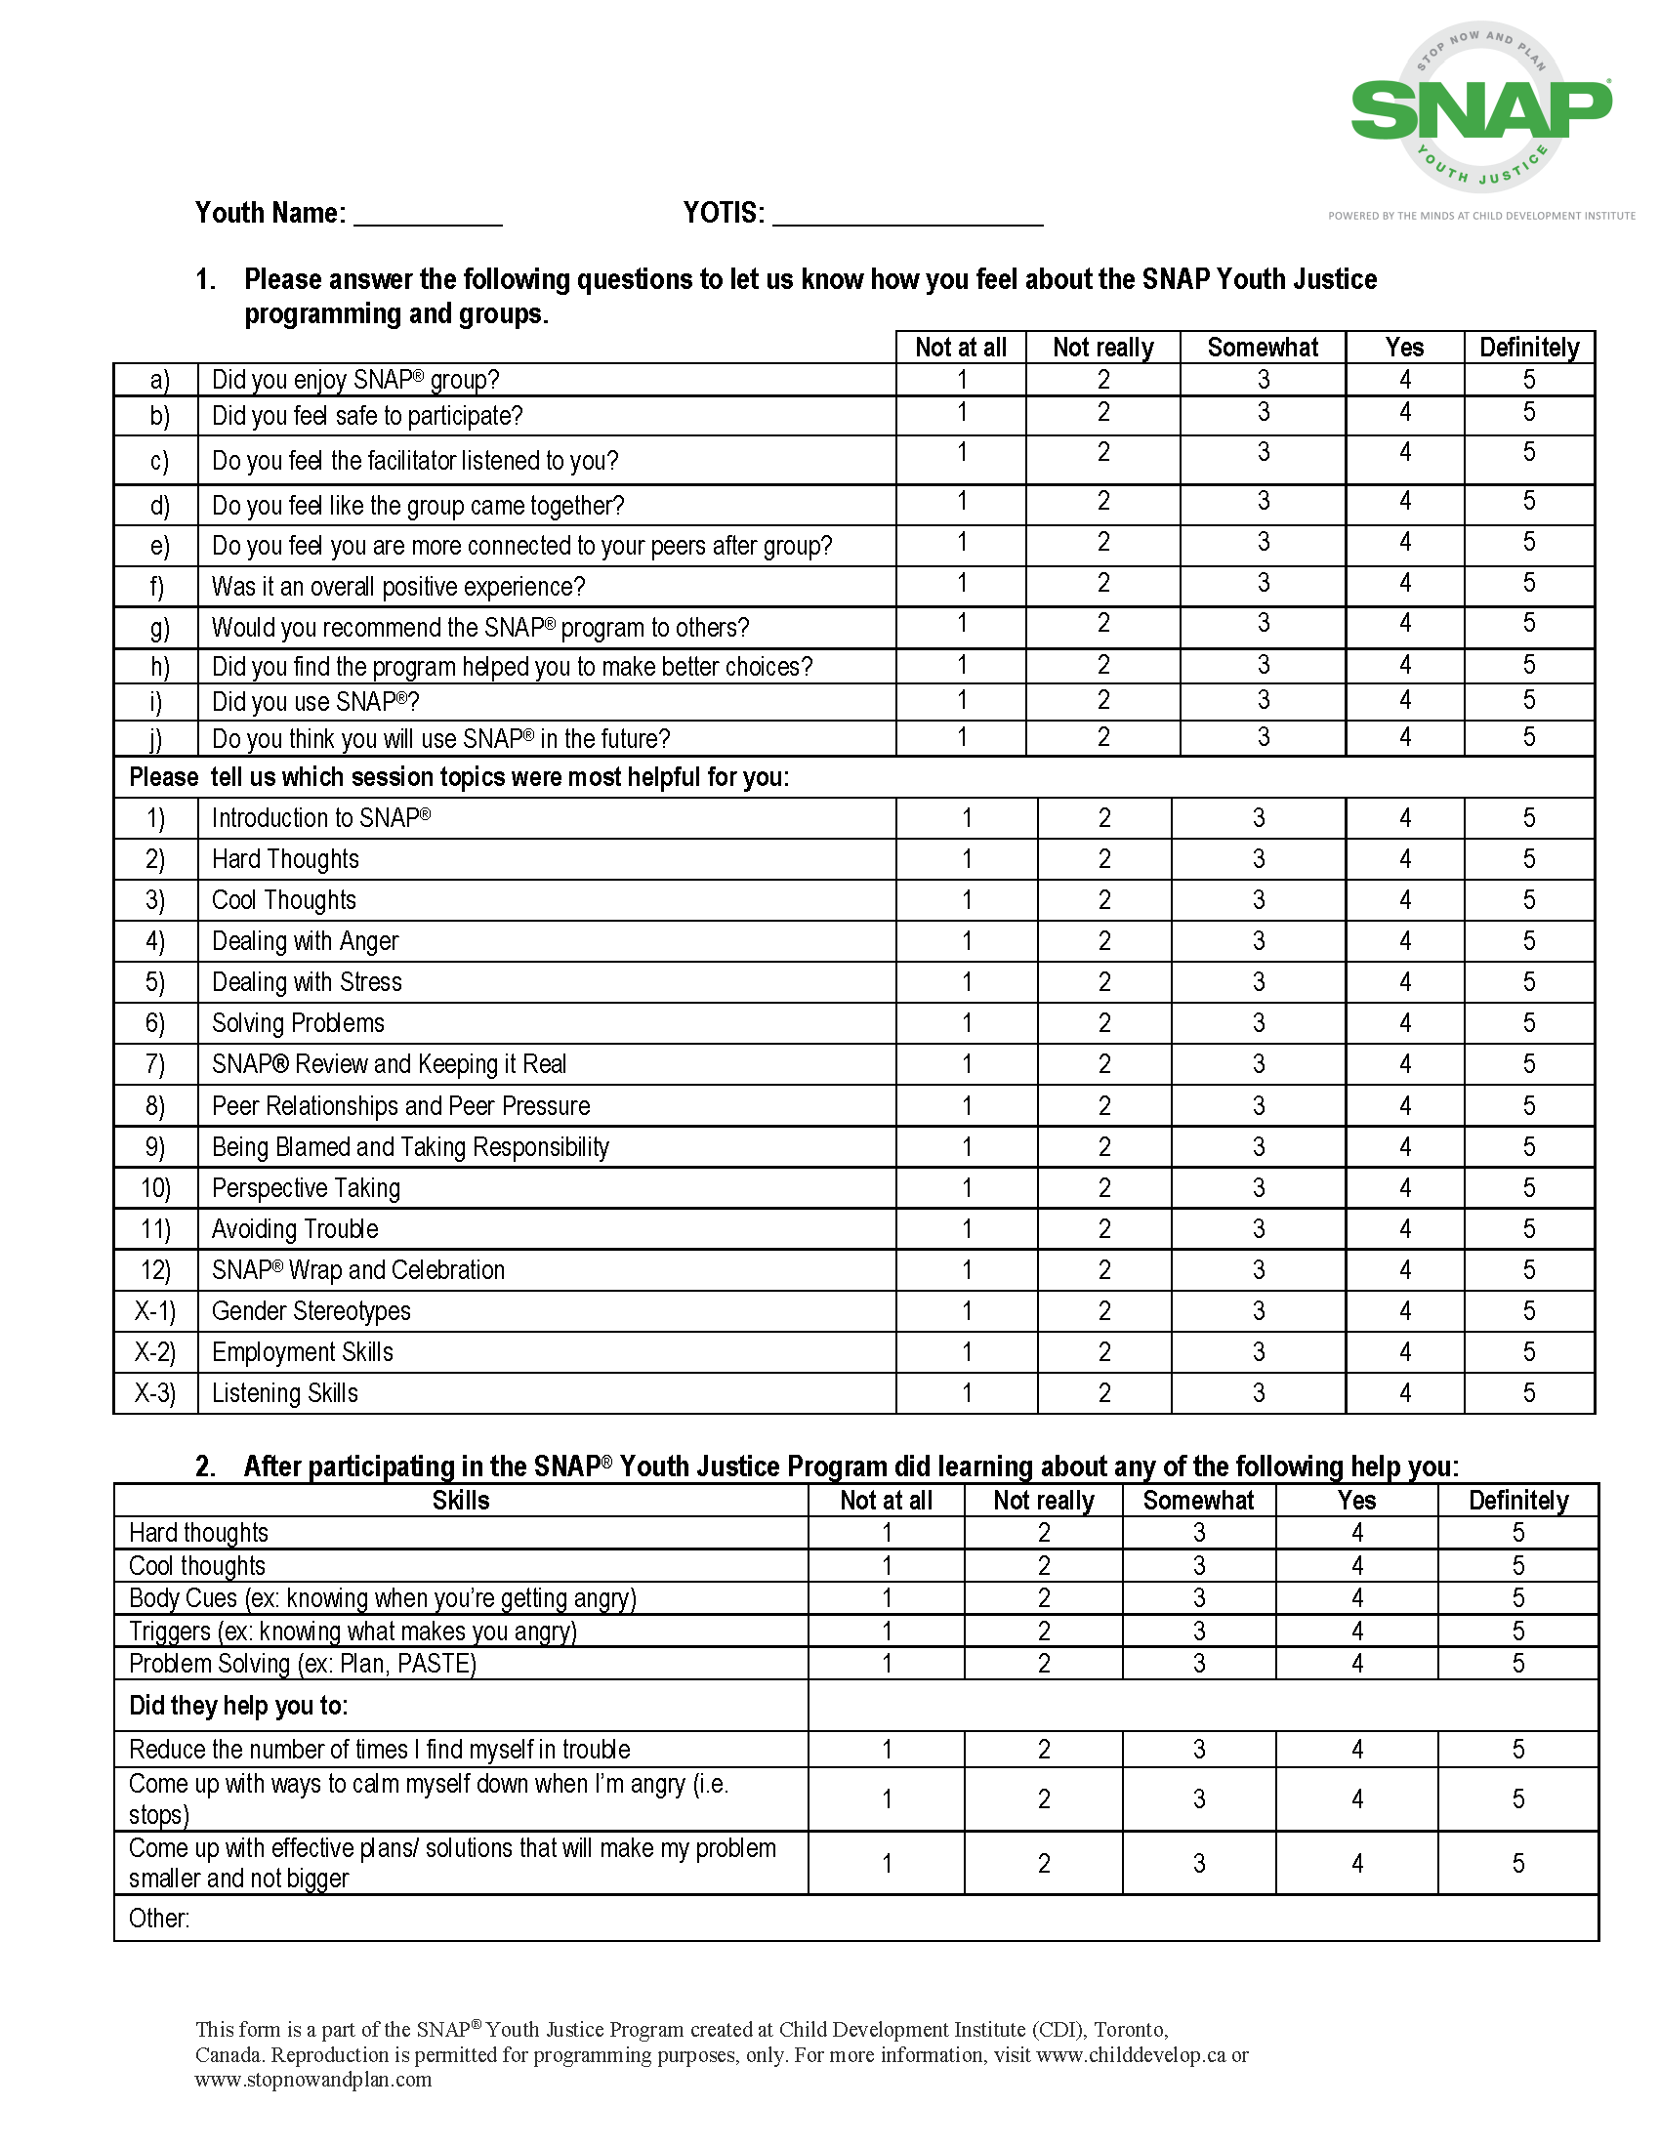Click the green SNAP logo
[x=1481, y=108]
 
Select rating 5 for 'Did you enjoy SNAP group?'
[x=1528, y=380]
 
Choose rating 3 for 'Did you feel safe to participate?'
[x=1263, y=413]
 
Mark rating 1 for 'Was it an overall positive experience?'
[x=962, y=584]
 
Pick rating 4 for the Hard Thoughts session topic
[x=1404, y=859]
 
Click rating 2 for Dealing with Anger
[x=1104, y=941]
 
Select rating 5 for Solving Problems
[x=1528, y=1023]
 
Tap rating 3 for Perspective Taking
[x=1259, y=1188]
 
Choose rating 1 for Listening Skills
[x=967, y=1392]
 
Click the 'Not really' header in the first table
[x=1102, y=349]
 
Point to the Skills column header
[x=460, y=1501]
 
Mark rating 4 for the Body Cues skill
[x=1357, y=1598]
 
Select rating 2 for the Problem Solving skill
[x=1044, y=1664]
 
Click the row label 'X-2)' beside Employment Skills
[x=155, y=1352]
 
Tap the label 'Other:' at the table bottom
[x=159, y=1919]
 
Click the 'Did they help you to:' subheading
[x=239, y=1706]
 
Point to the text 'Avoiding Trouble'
[x=295, y=1229]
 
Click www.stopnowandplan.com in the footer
[x=313, y=2079]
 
